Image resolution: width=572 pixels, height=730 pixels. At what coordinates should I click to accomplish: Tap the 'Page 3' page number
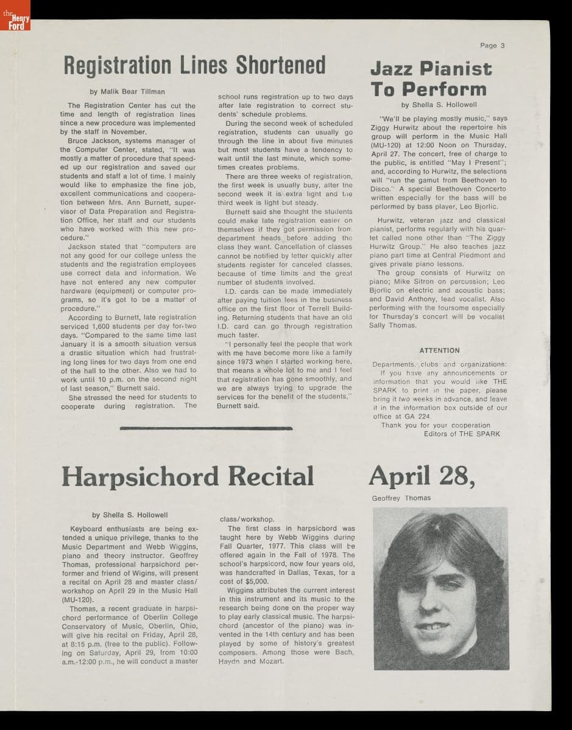[492, 46]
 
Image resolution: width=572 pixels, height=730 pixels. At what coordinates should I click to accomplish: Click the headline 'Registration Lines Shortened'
[195, 65]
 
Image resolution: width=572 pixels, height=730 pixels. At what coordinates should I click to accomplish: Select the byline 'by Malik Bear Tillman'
[127, 92]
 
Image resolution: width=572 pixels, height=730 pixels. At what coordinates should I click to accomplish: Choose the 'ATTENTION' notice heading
[439, 350]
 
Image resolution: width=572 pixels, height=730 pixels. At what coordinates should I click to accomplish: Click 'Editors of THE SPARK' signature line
[462, 434]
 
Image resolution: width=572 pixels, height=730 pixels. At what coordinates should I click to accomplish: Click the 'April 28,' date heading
[422, 476]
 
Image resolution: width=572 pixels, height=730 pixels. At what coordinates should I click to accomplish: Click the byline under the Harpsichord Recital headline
[130, 515]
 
